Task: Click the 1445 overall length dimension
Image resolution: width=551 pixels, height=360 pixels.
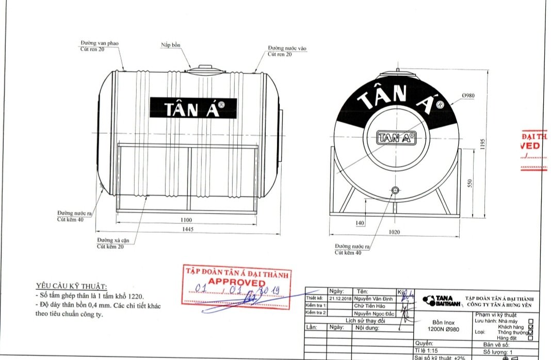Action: pos(187,230)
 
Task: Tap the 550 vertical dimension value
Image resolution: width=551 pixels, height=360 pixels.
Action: pos(470,183)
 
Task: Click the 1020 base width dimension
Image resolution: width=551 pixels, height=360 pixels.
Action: pos(394,232)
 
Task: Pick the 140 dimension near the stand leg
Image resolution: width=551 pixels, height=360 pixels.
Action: pos(360,223)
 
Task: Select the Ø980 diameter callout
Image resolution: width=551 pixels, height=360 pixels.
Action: pos(468,96)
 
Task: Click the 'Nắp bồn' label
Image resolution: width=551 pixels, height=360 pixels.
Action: pos(170,45)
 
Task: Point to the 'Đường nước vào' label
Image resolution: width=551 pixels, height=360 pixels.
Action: pos(287,48)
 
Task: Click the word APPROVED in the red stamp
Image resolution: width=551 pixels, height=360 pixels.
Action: pos(236,283)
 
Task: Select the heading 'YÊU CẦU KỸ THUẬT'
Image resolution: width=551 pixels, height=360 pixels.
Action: pos(71,286)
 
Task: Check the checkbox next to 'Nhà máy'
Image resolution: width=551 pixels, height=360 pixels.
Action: pos(530,321)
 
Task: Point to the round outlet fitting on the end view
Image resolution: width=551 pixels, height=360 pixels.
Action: pos(395,191)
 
